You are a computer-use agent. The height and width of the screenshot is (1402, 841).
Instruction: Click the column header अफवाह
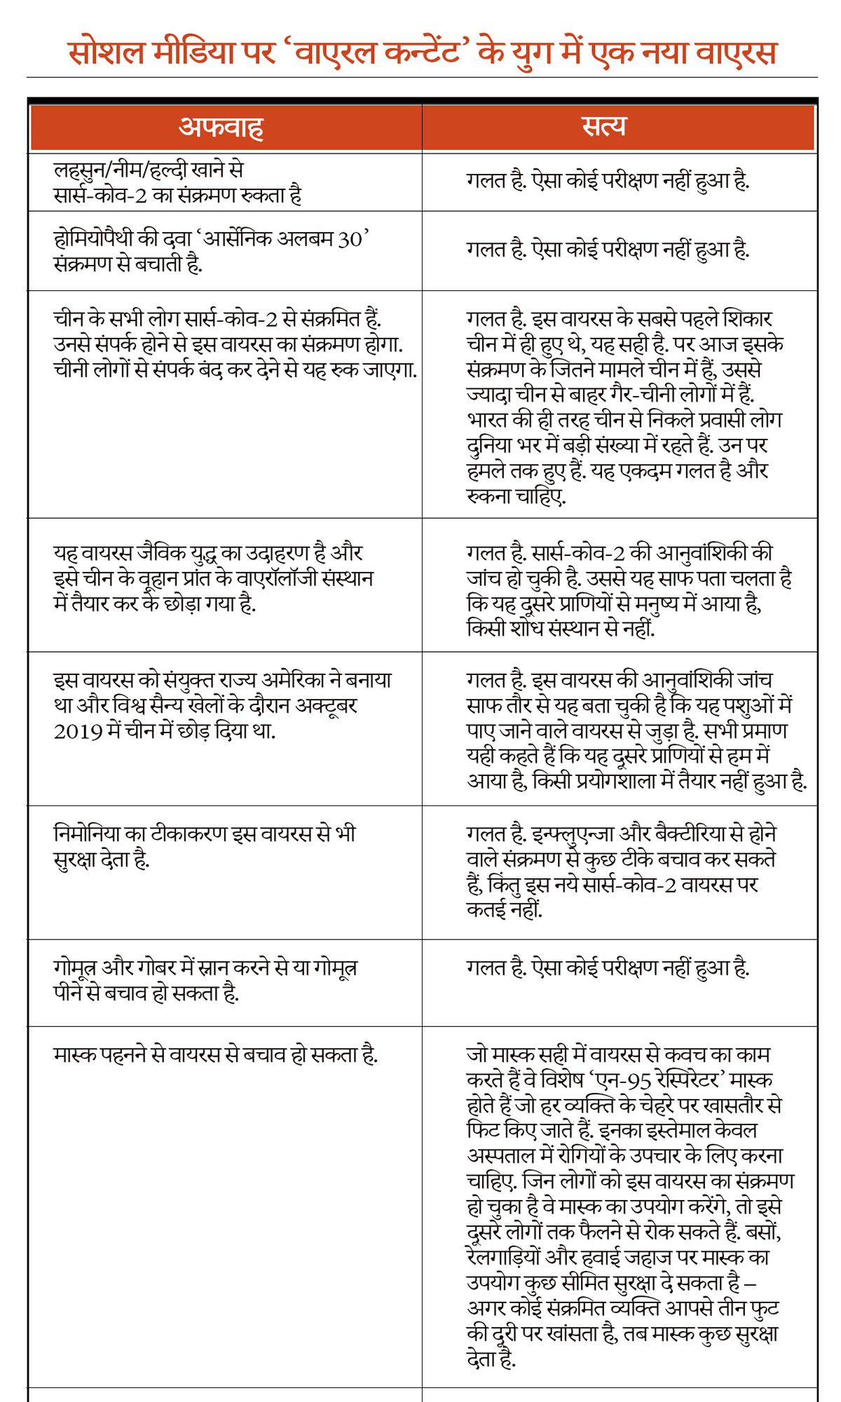pyautogui.click(x=221, y=128)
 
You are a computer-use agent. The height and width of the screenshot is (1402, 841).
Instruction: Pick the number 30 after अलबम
pyautogui.click(x=350, y=239)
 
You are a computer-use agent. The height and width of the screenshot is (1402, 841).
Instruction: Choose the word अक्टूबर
pyautogui.click(x=326, y=705)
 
